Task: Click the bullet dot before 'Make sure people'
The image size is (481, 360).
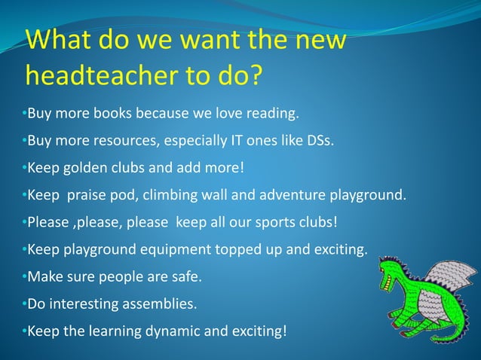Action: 23,276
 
